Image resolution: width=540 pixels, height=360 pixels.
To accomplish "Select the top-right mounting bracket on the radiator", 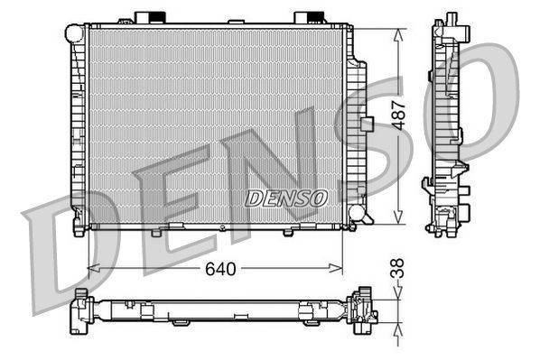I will pos(308,18).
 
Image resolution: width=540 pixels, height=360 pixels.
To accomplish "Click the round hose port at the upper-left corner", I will pos(74,33).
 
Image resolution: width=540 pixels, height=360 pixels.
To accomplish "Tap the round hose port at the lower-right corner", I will pos(358,215).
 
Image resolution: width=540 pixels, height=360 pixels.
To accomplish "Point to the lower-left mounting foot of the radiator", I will pos(80,228).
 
